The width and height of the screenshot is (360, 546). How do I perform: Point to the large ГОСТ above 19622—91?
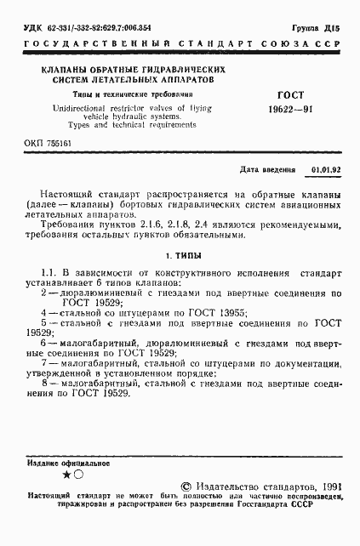click(288, 94)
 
